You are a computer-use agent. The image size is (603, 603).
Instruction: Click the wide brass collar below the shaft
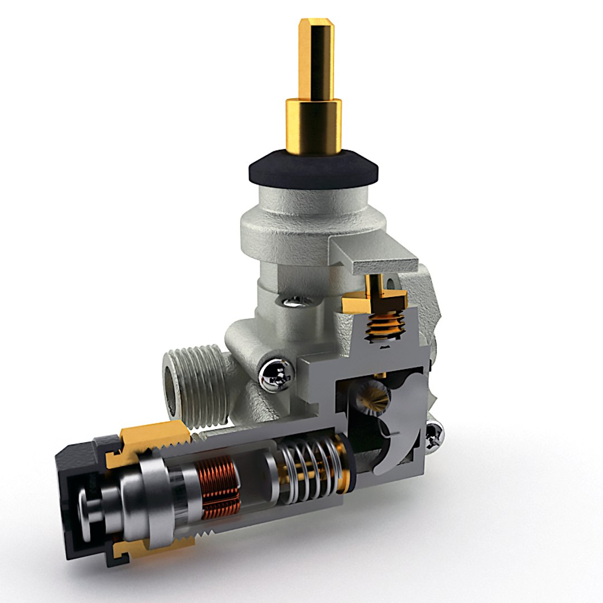[314, 126]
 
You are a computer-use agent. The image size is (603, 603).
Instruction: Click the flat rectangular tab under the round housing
[374, 254]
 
